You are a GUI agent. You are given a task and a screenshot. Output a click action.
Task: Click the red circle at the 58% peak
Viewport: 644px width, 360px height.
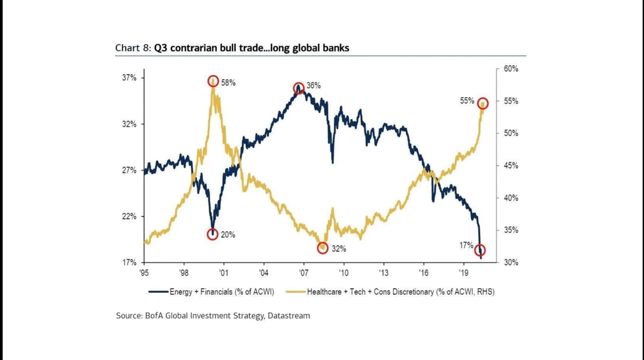pyautogui.click(x=213, y=81)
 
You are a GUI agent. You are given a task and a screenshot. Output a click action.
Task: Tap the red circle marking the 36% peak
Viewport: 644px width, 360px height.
pyautogui.click(x=299, y=88)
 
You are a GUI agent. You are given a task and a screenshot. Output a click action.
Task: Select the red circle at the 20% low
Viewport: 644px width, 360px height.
pyautogui.click(x=213, y=234)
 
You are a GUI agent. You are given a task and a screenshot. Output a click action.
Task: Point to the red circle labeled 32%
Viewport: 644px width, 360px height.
pyautogui.click(x=323, y=247)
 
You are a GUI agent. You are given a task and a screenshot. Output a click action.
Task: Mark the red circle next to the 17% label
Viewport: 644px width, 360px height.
pyautogui.click(x=480, y=250)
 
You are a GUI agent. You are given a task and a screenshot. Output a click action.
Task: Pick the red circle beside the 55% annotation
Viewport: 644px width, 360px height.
pyautogui.click(x=482, y=103)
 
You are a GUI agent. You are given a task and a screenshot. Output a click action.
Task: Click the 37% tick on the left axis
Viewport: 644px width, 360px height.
pyautogui.click(x=129, y=78)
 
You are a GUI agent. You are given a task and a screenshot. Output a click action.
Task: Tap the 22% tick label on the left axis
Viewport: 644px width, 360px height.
pyautogui.click(x=129, y=216)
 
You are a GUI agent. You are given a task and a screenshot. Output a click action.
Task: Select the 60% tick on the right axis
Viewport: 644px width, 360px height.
pyautogui.click(x=510, y=69)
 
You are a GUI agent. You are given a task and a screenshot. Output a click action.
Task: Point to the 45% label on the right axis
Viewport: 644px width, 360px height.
pyautogui.click(x=510, y=166)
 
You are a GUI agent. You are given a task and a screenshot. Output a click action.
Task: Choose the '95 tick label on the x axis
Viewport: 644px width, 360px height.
pyautogui.click(x=144, y=272)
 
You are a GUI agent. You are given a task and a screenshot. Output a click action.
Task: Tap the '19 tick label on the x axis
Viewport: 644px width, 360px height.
pyautogui.click(x=464, y=272)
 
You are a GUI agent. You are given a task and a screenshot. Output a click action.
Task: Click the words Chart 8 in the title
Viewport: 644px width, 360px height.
pyautogui.click(x=133, y=48)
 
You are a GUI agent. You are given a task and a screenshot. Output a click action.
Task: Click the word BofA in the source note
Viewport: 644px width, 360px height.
pyautogui.click(x=155, y=315)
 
